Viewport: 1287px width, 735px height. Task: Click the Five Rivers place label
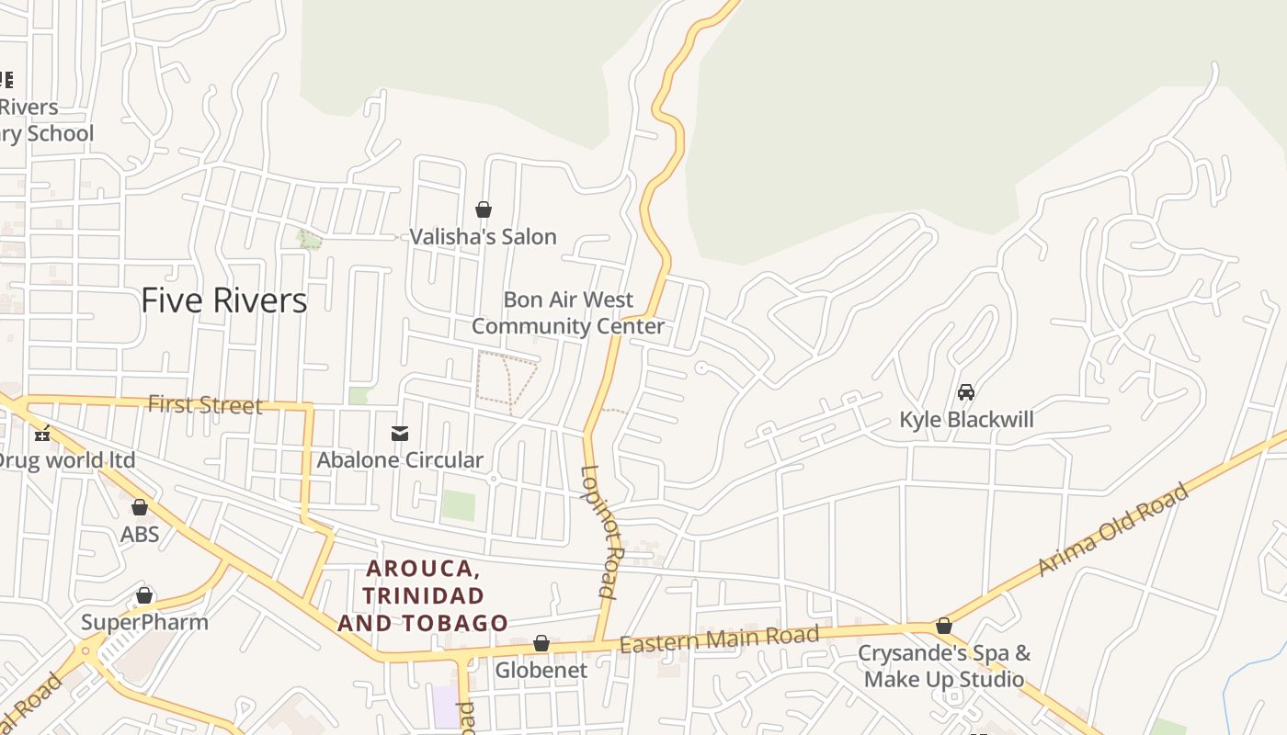point(223,300)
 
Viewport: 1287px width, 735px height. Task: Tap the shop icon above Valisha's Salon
point(484,210)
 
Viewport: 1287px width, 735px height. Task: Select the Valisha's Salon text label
point(483,237)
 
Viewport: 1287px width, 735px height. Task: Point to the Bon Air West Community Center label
point(568,313)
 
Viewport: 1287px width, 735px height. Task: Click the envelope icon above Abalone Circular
point(400,434)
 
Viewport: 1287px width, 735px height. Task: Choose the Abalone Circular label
point(400,460)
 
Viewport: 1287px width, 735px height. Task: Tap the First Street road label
point(205,405)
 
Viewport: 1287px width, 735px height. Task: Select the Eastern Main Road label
point(718,639)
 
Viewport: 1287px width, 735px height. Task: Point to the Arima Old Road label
point(1113,530)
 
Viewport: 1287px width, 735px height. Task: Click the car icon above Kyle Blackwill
point(966,393)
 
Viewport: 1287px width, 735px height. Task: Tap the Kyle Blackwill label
point(966,420)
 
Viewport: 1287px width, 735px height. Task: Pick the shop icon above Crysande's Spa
point(944,627)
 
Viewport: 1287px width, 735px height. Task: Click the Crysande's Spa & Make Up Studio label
point(944,666)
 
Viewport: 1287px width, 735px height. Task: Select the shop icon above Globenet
point(541,643)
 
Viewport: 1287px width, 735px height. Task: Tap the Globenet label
point(541,671)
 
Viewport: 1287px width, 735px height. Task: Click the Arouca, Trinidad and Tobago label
point(422,595)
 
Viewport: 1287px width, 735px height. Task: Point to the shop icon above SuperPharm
point(144,596)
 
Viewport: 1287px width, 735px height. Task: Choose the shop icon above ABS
point(140,507)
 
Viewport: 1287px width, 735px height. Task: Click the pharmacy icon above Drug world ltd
point(41,434)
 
